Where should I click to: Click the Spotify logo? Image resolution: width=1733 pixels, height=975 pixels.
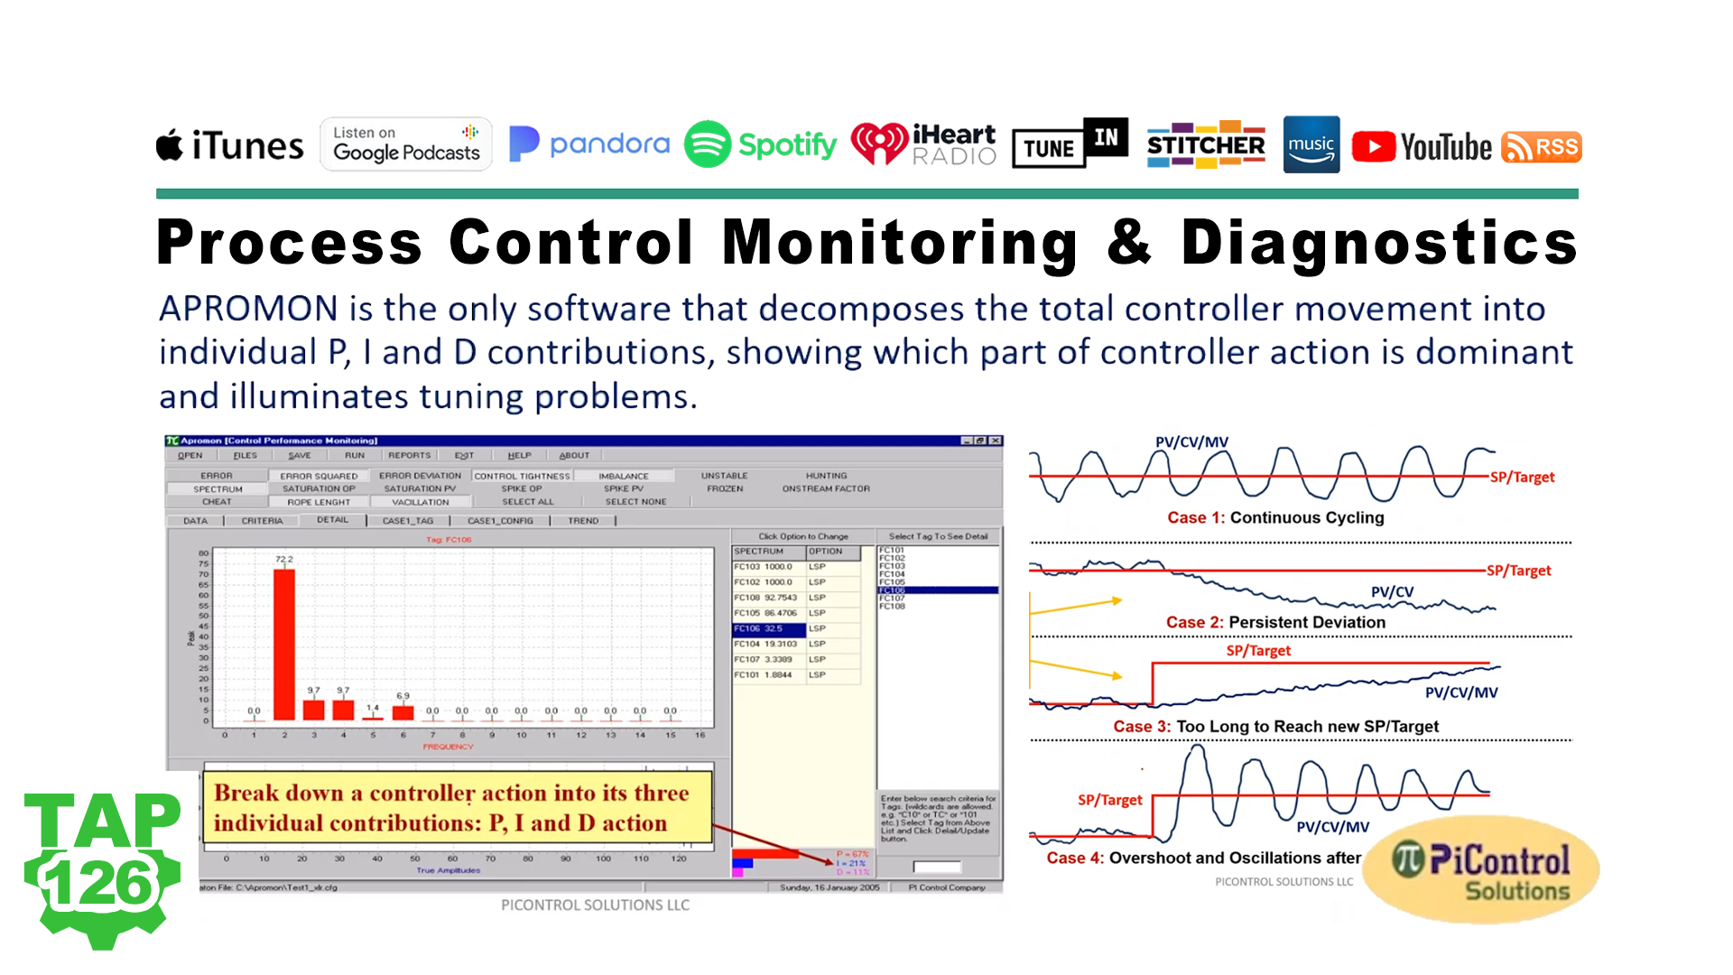760,144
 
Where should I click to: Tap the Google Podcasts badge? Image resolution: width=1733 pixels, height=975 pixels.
406,144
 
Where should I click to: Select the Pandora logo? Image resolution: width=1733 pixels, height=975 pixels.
589,144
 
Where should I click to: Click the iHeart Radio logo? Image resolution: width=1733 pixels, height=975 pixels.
923,144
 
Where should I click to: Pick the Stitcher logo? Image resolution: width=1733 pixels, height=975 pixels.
1205,144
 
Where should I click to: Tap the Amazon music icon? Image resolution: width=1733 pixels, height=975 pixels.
1311,144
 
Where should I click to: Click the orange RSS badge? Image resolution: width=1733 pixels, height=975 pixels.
1541,147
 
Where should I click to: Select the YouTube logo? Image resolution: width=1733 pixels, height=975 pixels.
1422,146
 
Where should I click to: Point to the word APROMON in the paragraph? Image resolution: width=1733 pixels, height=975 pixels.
248,309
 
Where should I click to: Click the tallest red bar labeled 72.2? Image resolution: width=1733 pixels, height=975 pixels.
284,645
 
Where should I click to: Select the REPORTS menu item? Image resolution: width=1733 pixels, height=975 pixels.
409,456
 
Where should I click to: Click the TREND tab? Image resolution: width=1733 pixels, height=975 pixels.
583,521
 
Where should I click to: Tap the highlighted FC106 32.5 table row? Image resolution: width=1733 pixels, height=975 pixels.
767,628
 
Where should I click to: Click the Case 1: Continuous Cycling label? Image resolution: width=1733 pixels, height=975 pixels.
1274,517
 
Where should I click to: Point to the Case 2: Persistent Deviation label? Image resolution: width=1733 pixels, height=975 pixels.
1274,622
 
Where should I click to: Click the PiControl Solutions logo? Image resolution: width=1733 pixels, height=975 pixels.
1481,869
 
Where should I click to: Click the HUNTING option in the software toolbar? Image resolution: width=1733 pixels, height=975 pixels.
826,476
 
